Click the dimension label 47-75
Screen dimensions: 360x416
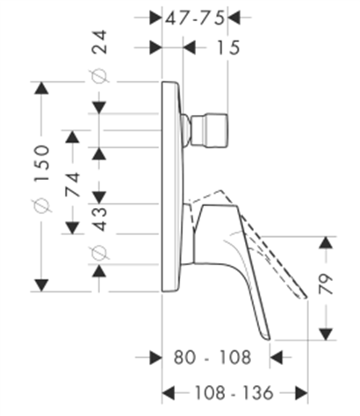click(x=195, y=18)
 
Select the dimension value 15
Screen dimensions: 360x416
click(x=228, y=47)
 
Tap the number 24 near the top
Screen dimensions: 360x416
click(x=99, y=41)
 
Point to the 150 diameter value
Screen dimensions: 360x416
click(x=42, y=163)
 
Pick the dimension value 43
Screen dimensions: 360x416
click(x=99, y=219)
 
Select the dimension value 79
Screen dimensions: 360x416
click(x=326, y=283)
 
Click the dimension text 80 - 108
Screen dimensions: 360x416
click(x=212, y=357)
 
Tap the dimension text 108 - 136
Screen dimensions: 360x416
click(x=234, y=392)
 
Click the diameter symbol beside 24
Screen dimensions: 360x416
click(x=99, y=76)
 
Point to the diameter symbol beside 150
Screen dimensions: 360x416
click(x=42, y=204)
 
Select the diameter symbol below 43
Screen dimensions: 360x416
click(x=99, y=252)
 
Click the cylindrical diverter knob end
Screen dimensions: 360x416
click(x=210, y=130)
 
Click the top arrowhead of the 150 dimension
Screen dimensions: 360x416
click(x=41, y=88)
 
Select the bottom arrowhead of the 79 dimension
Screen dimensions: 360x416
click(x=326, y=334)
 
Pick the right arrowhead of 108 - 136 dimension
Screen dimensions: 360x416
click(x=301, y=392)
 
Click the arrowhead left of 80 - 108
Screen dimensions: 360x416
click(x=155, y=357)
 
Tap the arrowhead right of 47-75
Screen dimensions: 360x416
click(x=234, y=18)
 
